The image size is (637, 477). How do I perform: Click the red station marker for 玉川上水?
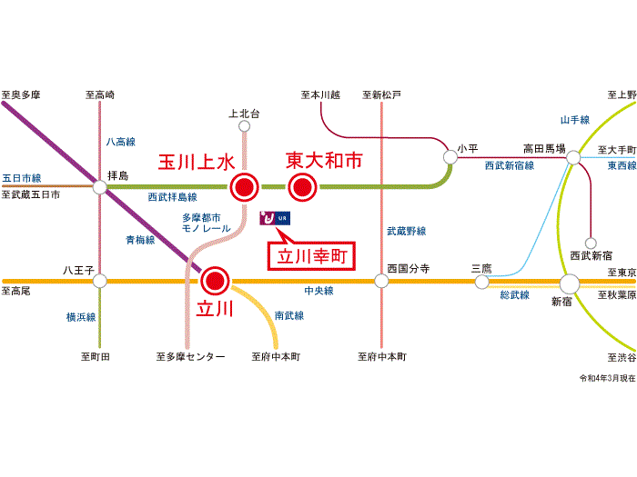pos(244,188)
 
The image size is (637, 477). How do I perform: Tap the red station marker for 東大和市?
pos(301,188)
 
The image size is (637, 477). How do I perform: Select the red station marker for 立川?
pos(215,280)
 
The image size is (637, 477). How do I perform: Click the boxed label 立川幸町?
pos(309,256)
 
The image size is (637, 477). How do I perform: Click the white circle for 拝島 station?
pos(99,188)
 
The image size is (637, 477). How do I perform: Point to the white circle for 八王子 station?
pos(99,281)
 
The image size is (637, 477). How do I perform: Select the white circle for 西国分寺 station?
pos(381,281)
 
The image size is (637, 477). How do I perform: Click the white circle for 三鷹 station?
pos(481,282)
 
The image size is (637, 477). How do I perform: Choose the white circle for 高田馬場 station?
pos(573,158)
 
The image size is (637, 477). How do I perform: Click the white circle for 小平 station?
pos(450,157)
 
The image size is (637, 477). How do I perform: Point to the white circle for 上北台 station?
pos(243,128)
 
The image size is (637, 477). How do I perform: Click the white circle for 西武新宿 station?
pos(591,243)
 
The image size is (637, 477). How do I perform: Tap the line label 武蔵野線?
pos(406,231)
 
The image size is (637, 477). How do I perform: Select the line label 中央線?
pos(318,291)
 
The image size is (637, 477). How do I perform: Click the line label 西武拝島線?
pos(172,196)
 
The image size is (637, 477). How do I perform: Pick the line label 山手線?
pos(575,119)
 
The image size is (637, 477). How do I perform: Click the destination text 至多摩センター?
pos(190,357)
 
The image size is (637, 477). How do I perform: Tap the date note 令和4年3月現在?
pos(607,377)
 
